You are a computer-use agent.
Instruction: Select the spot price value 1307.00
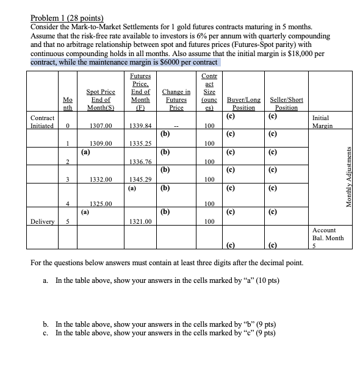coord(99,126)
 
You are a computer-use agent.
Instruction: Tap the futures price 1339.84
coord(140,126)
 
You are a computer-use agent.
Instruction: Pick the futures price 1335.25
coord(140,144)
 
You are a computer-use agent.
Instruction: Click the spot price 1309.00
coord(99,144)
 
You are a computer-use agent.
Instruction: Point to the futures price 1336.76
coord(140,162)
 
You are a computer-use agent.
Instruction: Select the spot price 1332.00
coord(99,180)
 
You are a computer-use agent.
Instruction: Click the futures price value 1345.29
coord(140,180)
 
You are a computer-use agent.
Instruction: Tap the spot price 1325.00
coord(99,204)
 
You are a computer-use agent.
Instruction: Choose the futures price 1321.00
coord(140,221)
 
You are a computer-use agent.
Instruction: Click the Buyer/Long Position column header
coord(243,103)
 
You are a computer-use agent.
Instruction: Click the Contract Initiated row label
coord(43,122)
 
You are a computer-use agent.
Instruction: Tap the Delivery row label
coord(43,221)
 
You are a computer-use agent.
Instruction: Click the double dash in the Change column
coord(176,126)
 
